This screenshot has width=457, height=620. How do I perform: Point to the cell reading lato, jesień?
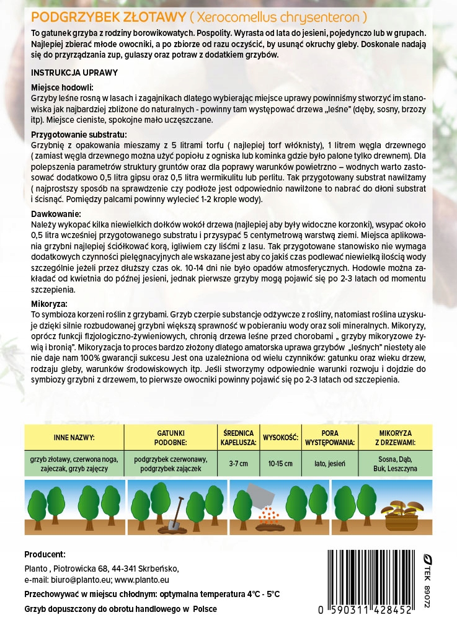[x=329, y=464]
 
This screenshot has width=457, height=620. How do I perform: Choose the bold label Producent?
[x=45, y=554]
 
